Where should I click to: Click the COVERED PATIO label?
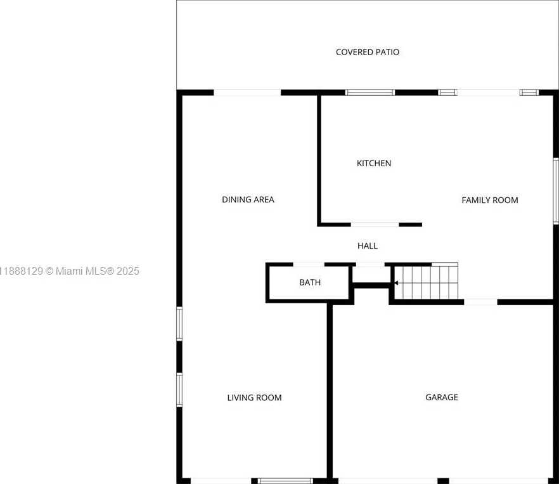tap(368, 52)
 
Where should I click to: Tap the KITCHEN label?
tap(374, 163)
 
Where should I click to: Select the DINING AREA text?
tap(248, 200)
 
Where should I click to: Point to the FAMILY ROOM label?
tap(490, 200)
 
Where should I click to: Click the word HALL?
tap(368, 245)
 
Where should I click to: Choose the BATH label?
tap(310, 282)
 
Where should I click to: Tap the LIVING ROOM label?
tap(255, 398)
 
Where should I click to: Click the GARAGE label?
tap(442, 397)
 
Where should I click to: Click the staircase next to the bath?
tap(426, 281)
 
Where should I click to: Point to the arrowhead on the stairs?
tap(396, 283)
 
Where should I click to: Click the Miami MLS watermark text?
tap(70, 271)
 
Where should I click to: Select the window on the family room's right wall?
tap(556, 191)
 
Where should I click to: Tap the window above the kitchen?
tap(370, 93)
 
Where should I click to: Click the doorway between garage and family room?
tap(480, 302)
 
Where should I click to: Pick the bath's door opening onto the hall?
tap(309, 265)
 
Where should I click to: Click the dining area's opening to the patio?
tap(247, 93)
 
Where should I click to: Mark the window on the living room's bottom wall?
tap(285, 481)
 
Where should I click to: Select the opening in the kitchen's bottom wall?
tap(375, 225)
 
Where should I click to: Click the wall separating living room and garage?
tap(330, 393)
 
